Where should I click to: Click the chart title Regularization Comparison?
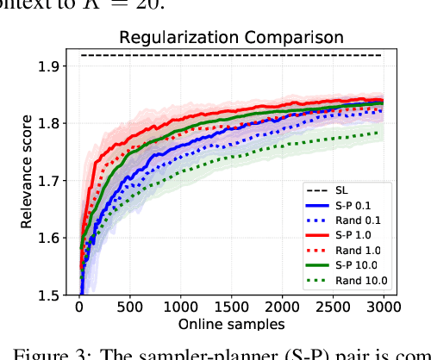click(231, 37)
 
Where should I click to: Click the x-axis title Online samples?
click(231, 324)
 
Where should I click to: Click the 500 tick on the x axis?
click(130, 307)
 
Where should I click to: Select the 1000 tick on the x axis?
click(180, 307)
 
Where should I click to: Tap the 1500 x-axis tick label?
click(231, 307)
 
